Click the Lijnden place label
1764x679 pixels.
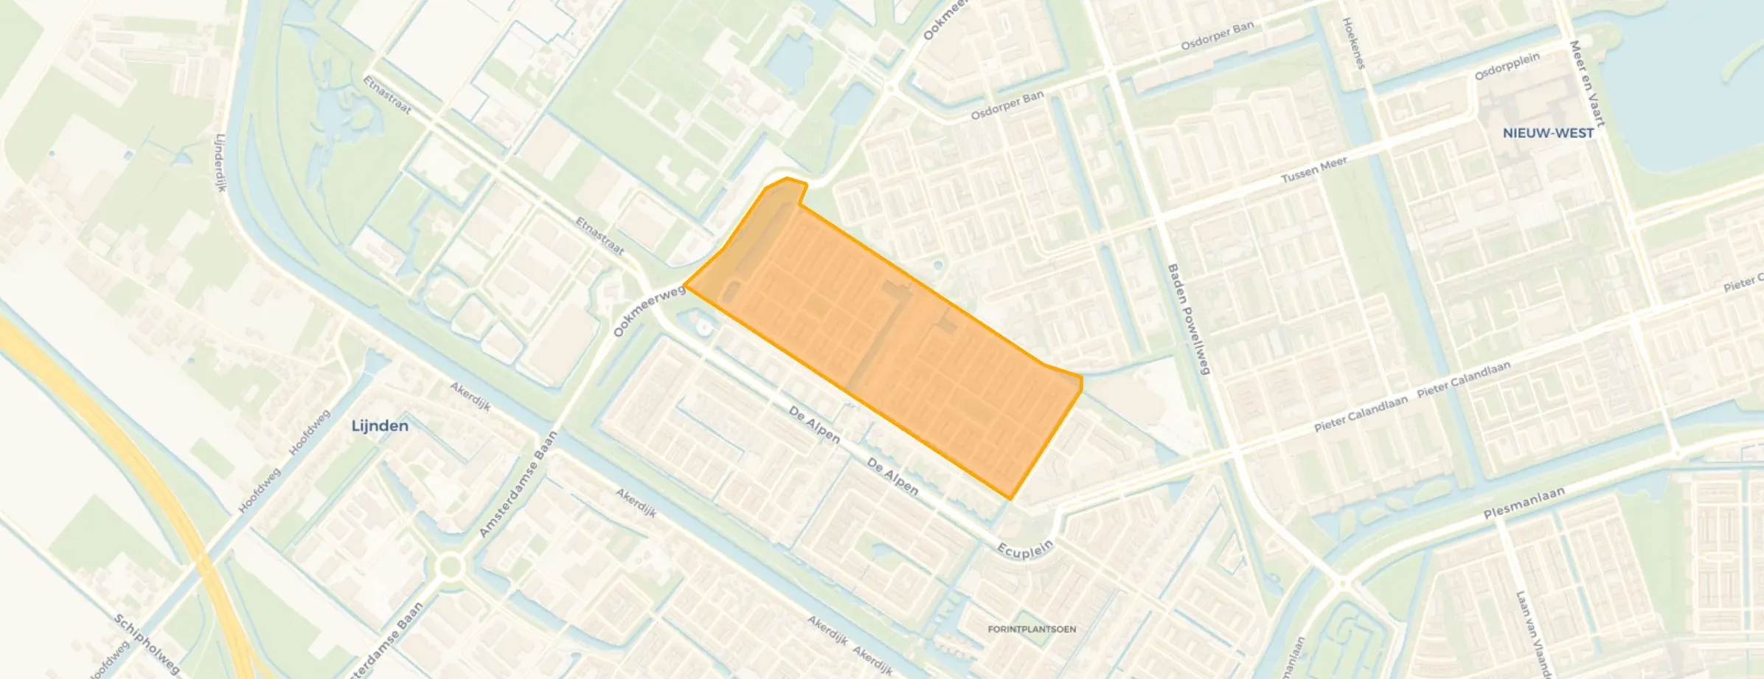pos(380,426)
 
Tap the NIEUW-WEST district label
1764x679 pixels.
pos(1548,134)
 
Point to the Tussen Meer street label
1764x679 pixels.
pos(1314,170)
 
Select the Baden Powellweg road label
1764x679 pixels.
pos(1188,319)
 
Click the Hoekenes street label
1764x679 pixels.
pos(1354,44)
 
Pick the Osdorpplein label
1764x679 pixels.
pos(1507,66)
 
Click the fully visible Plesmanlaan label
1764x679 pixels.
pos(1523,503)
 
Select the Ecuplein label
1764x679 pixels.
pos(1025,550)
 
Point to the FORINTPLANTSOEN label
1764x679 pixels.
pos(1032,630)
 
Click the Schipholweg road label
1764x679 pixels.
pos(147,644)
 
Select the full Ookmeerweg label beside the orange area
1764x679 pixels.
pos(649,311)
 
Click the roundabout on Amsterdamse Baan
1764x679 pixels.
pos(450,568)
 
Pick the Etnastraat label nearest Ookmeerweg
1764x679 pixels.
pos(600,235)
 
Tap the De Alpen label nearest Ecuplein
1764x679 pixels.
pos(892,477)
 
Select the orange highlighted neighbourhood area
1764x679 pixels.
pos(885,332)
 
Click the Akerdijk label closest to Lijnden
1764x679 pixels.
pos(470,397)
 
